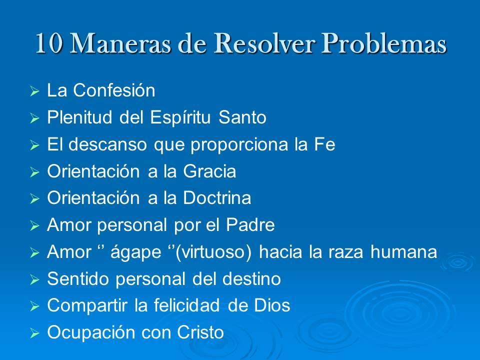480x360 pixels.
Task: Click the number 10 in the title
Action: tap(49, 44)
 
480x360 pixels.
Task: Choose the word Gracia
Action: tap(209, 171)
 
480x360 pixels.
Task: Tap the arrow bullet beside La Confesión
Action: tap(34, 92)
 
